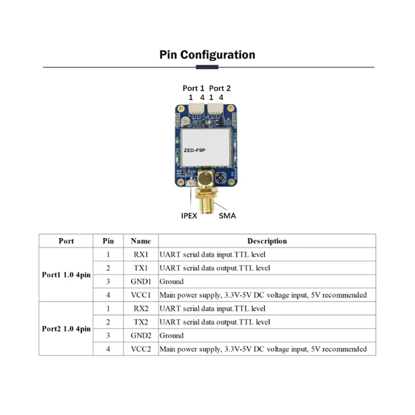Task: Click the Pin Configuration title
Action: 207,55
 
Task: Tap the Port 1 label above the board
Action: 193,88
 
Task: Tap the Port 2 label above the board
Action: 220,88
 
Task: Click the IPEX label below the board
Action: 189,215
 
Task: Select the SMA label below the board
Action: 227,215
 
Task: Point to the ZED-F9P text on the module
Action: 195,149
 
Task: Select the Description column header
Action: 267,241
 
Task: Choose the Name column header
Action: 141,241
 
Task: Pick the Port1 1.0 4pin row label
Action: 66,275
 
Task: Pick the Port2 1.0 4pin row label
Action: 66,329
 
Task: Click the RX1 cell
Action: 141,255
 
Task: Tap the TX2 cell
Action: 141,322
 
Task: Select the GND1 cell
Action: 141,282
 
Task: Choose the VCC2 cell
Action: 141,349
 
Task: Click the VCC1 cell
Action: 141,295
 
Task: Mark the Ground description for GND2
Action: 172,336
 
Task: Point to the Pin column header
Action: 108,241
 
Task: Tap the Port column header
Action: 66,241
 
